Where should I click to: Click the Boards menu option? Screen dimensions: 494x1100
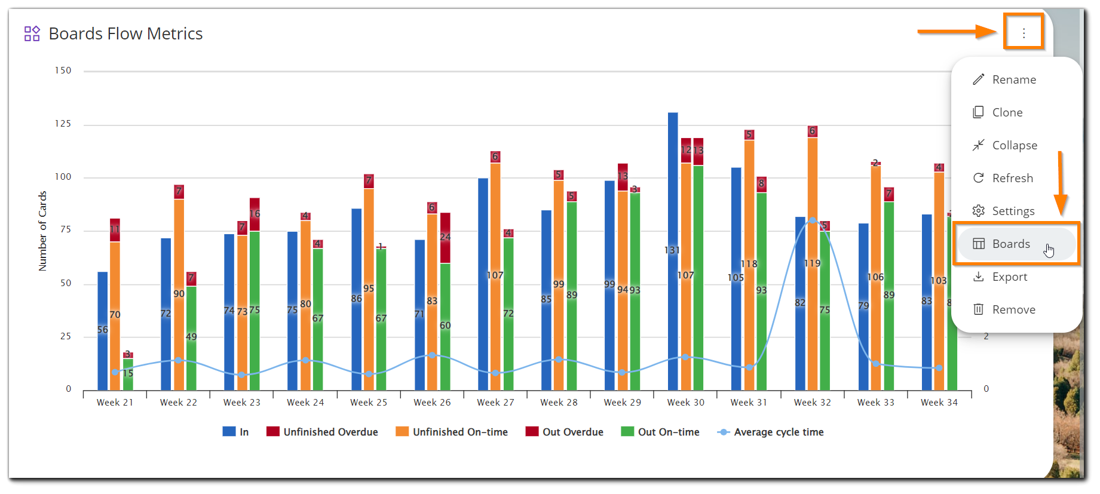[1011, 244]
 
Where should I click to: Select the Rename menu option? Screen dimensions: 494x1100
[1013, 79]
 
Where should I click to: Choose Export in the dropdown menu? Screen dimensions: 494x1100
[1009, 277]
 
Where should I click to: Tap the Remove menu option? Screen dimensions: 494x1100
[1013, 309]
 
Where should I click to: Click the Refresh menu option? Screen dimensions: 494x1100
[1012, 178]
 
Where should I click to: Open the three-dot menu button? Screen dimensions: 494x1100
[1024, 33]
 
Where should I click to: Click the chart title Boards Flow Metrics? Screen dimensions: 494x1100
[125, 33]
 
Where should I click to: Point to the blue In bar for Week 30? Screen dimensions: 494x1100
[673, 251]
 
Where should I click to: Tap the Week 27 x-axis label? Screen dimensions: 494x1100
[495, 403]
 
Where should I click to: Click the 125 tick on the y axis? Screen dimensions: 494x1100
[63, 124]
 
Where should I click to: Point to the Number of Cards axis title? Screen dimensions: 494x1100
[42, 231]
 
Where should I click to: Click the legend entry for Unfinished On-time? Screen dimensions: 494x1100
[459, 432]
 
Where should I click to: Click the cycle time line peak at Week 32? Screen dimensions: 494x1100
[813, 220]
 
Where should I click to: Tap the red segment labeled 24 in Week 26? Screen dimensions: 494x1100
[445, 238]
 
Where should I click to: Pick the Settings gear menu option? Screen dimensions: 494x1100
[1013, 211]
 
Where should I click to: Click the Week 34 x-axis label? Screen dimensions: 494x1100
[939, 403]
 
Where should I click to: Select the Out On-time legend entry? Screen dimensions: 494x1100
[668, 432]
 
